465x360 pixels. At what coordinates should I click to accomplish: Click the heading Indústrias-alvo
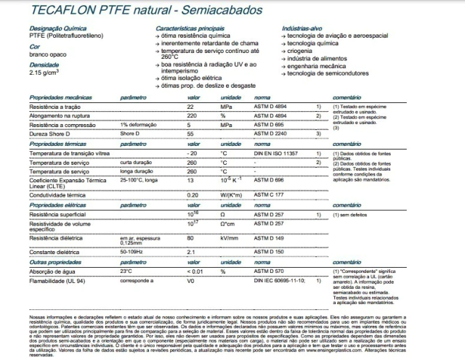click(304, 27)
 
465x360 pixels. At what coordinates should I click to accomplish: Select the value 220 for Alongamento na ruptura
click(193, 115)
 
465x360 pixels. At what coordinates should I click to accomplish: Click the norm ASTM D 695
click(269, 125)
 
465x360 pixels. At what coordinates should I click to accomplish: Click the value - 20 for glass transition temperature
click(192, 155)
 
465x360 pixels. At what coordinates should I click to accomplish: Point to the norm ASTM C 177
click(269, 195)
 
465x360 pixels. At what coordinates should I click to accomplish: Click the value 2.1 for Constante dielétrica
click(192, 251)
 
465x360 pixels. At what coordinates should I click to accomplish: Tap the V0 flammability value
click(191, 279)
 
